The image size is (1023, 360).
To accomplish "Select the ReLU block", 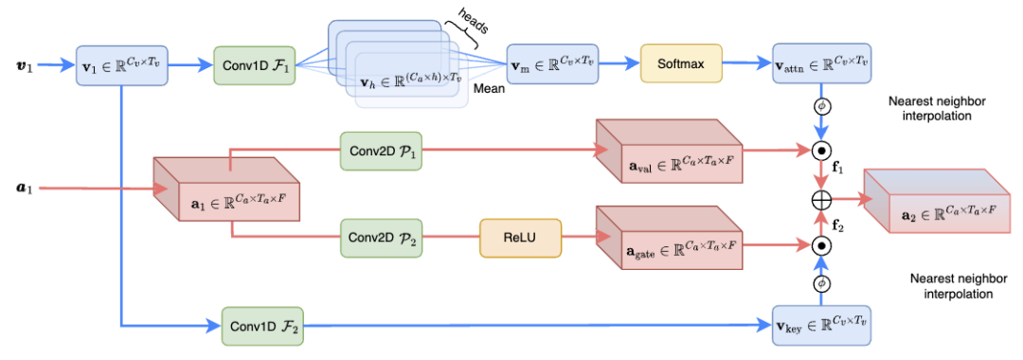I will [x=520, y=238].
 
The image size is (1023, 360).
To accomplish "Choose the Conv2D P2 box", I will [x=386, y=239].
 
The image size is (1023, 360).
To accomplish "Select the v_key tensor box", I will [x=820, y=324].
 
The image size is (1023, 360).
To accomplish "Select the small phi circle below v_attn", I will [x=823, y=106].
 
